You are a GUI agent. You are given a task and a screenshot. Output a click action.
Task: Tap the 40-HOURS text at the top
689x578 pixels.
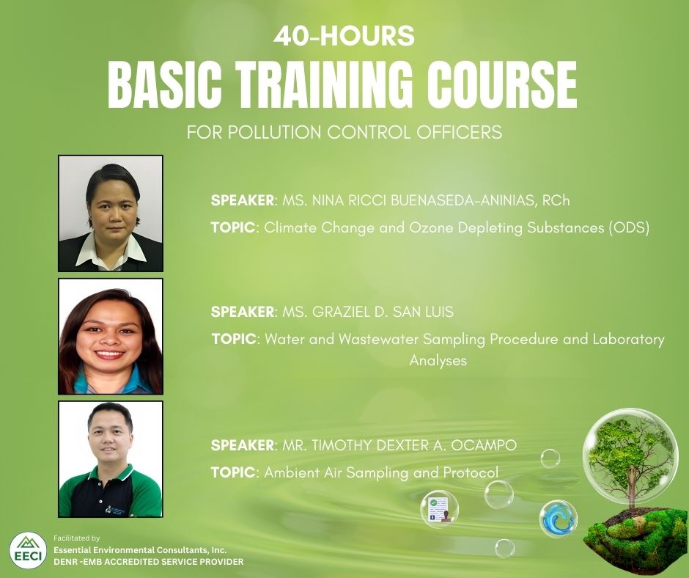(344, 36)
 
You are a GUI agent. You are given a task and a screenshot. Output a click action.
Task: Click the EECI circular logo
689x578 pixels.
(28, 550)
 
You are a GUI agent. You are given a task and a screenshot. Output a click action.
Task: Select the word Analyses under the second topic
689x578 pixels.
(438, 361)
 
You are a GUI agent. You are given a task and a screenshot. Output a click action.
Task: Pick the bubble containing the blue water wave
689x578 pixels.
(558, 519)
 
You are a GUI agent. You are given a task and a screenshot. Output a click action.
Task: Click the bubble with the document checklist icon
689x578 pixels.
(439, 508)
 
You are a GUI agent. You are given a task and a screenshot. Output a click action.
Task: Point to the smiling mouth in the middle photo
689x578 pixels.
(110, 354)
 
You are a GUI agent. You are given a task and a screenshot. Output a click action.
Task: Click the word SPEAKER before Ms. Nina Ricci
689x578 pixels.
(243, 200)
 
